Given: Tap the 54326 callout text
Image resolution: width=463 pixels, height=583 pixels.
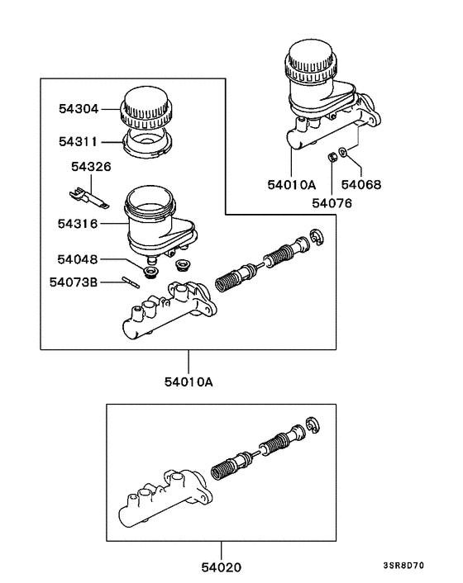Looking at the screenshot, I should pos(91,167).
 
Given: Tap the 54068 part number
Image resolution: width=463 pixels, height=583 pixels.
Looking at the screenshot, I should pos(361,185).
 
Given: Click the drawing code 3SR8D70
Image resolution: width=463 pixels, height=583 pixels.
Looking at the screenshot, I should pos(426,566).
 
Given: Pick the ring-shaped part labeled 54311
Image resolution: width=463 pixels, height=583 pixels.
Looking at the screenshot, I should pos(146,141).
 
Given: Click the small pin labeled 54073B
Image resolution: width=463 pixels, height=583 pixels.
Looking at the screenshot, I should pos(129,282).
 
